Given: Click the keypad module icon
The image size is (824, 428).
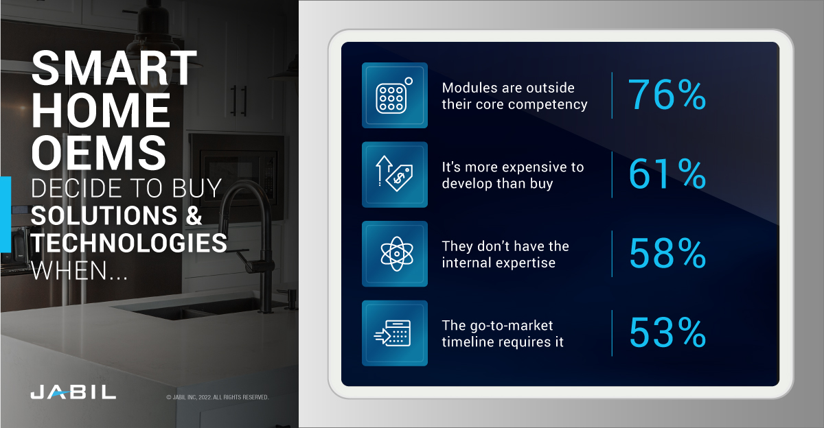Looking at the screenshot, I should [394, 95].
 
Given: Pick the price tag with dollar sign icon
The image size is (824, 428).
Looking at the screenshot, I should [394, 175].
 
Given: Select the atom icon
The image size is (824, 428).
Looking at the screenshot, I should [394, 254].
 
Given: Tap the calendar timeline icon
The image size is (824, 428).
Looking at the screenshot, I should [394, 333].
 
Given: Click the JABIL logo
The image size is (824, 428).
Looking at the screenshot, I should [73, 392].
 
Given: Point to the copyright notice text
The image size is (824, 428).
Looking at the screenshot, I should [217, 397].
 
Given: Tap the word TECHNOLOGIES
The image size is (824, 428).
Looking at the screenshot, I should [129, 243].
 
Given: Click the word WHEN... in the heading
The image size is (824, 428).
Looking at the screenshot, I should [78, 269].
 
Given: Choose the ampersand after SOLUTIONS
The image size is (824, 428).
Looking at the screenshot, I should [193, 216].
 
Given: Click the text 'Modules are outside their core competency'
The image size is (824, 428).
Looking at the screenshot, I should [514, 96].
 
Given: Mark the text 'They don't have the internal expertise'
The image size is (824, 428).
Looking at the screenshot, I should [505, 254].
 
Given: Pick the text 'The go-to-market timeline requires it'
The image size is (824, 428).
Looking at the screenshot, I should [503, 333].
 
